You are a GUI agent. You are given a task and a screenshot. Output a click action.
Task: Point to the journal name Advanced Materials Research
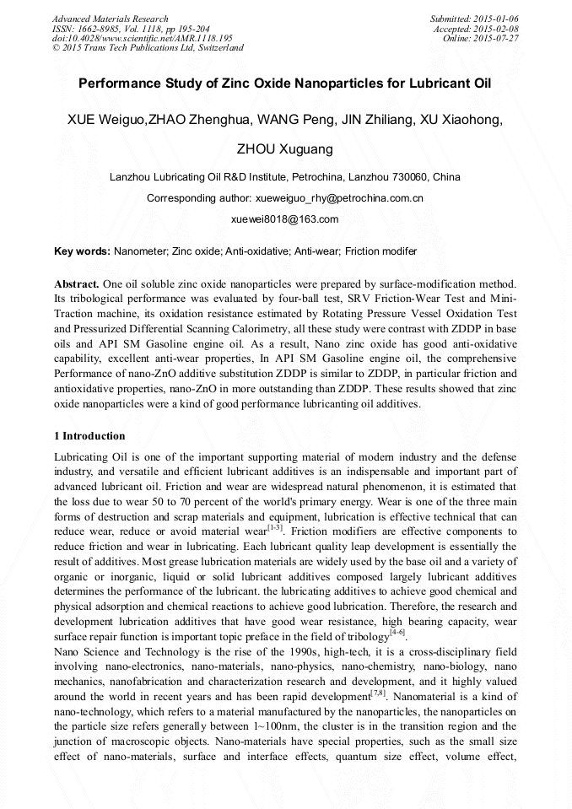pos(110,19)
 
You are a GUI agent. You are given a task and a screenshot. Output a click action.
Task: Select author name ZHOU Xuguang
pos(285,149)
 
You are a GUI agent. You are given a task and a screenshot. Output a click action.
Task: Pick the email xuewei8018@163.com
pos(285,218)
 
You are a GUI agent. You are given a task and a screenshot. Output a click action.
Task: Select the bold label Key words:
pos(82,251)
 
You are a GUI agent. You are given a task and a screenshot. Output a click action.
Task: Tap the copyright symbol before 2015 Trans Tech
pos(57,48)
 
